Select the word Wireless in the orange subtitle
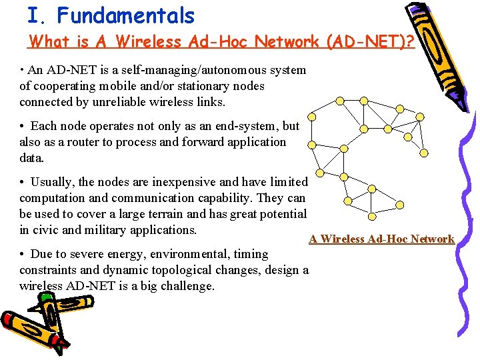tap(151, 41)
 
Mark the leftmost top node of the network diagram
tap(339, 101)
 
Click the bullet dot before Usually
tap(22, 182)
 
